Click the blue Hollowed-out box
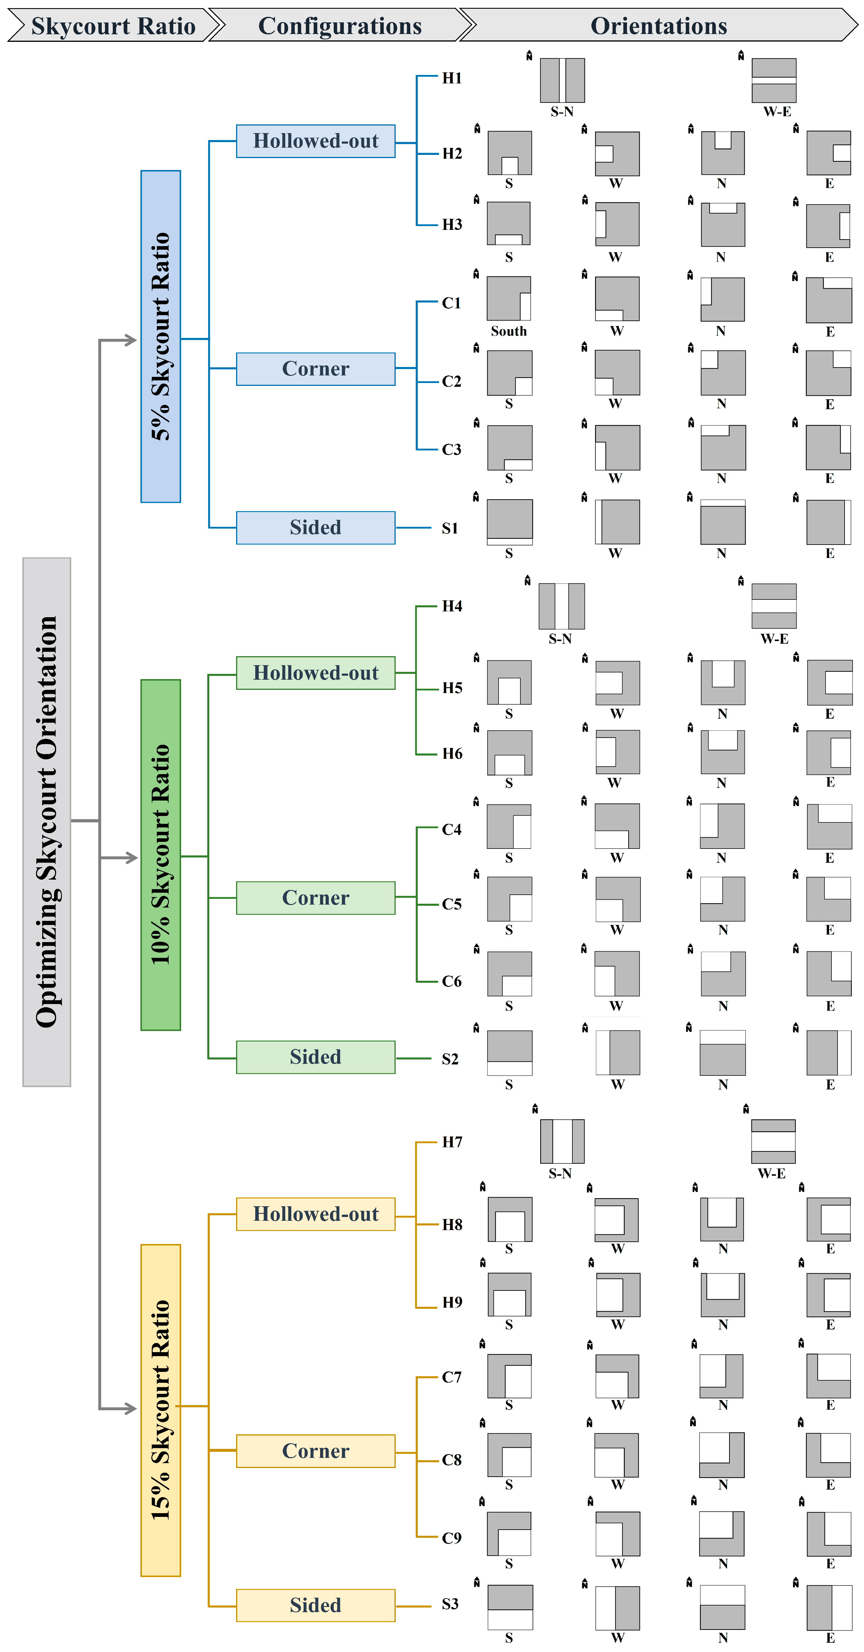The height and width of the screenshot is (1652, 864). pos(316,141)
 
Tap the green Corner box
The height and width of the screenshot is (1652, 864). pos(316,898)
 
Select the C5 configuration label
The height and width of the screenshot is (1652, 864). pos(451,904)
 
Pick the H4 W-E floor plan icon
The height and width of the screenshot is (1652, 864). pos(774,606)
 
